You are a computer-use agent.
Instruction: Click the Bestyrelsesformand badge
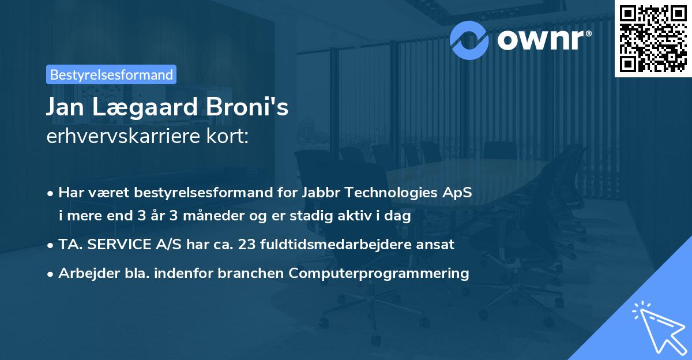[111, 74]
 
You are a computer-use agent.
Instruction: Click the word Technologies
[392, 193]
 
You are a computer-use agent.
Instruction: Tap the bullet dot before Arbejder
[52, 274]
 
